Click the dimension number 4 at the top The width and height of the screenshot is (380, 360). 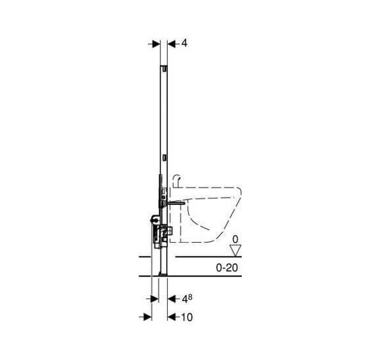(x=184, y=43)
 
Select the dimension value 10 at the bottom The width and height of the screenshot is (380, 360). (x=187, y=317)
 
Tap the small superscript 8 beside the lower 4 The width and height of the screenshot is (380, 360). (x=190, y=297)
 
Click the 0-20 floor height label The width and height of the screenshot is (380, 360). (x=227, y=268)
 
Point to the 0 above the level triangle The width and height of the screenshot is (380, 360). (x=235, y=240)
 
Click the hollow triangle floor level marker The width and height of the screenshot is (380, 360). (x=235, y=251)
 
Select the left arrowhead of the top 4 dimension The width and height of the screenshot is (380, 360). (x=156, y=44)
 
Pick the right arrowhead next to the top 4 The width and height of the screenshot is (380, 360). (x=172, y=44)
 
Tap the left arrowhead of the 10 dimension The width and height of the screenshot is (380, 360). (x=147, y=317)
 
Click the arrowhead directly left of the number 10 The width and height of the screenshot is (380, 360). (x=172, y=317)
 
